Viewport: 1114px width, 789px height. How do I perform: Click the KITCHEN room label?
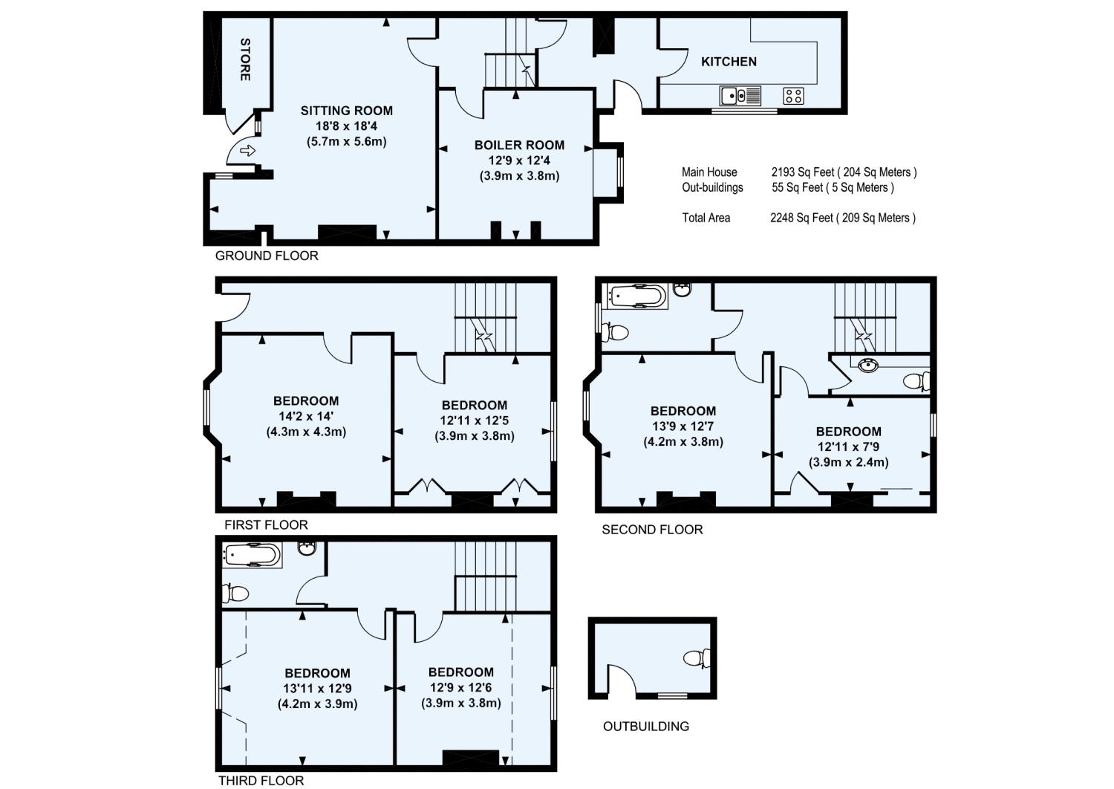point(729,62)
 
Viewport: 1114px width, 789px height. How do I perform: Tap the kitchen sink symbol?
point(740,96)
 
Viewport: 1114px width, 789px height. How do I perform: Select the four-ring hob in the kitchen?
point(793,96)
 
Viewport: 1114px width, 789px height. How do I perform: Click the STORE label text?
point(244,59)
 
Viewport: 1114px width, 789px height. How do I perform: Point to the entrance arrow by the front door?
point(247,151)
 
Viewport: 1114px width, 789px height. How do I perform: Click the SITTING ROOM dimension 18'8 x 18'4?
point(346,126)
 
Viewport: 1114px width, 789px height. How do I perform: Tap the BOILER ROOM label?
point(519,145)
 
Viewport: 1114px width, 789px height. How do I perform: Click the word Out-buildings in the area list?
point(712,187)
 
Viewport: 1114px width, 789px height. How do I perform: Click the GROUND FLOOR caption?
point(267,256)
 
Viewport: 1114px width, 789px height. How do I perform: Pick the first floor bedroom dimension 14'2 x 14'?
point(305,416)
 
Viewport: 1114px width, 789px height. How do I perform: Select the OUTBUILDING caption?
point(645,726)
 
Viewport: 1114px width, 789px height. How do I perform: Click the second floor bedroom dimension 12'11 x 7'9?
point(848,447)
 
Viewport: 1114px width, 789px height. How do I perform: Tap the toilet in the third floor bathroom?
point(236,593)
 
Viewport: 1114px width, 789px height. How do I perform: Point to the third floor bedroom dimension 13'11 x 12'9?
point(317,688)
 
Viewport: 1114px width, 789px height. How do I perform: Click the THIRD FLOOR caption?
point(261,780)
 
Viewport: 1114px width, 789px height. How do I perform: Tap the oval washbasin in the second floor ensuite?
point(867,365)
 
